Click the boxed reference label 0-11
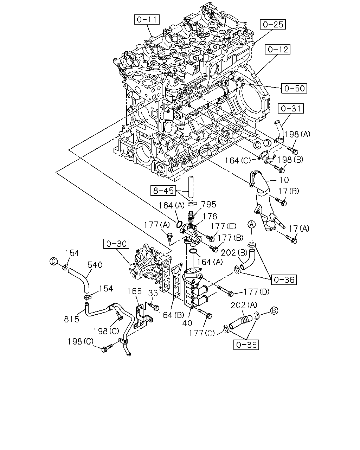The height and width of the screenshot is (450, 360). [x=147, y=19]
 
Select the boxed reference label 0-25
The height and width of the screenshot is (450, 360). [x=273, y=25]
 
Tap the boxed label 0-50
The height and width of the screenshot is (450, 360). [x=294, y=88]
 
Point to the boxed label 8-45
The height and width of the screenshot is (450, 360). [x=163, y=191]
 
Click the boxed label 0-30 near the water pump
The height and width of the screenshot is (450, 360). [x=116, y=244]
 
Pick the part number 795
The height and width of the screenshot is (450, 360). [x=208, y=204]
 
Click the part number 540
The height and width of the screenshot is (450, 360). [x=95, y=265]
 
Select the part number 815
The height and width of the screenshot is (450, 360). [x=71, y=319]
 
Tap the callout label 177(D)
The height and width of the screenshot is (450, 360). [x=256, y=291]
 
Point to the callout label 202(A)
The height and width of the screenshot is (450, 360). [x=244, y=305]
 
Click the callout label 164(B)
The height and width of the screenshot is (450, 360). [x=171, y=315]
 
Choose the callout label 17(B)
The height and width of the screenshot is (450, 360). [x=289, y=191]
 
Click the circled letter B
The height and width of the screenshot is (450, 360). [x=274, y=310]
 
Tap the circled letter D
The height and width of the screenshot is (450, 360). [x=267, y=143]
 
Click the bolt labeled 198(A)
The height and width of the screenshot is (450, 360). [x=292, y=150]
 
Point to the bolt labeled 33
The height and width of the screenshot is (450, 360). [x=154, y=307]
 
